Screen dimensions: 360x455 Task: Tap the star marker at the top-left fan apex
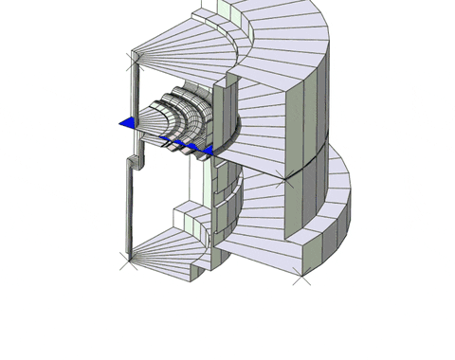click(x=132, y=59)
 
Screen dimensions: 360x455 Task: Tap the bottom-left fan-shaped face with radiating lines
click(x=171, y=251)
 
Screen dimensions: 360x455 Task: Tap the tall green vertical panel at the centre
click(x=225, y=114)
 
